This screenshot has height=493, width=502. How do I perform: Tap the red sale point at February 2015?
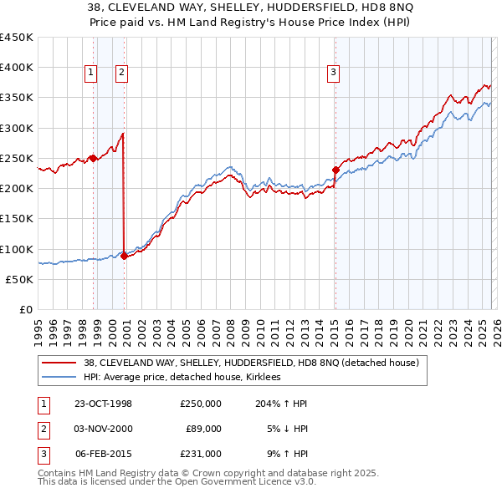(336, 170)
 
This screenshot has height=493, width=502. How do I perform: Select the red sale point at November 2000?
(124, 256)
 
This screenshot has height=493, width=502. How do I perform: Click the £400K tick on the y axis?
(17, 68)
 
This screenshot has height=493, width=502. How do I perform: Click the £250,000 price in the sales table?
(201, 404)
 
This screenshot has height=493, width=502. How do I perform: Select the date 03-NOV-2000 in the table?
(104, 429)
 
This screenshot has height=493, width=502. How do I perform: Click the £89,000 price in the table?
(203, 429)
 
